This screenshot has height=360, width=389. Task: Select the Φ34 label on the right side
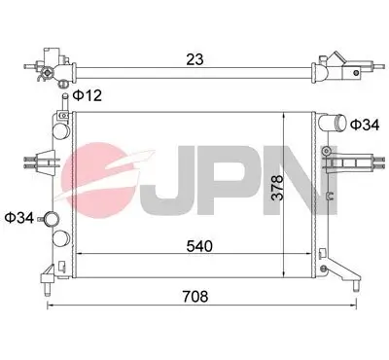(364, 125)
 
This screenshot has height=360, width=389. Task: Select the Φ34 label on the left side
(18, 216)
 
